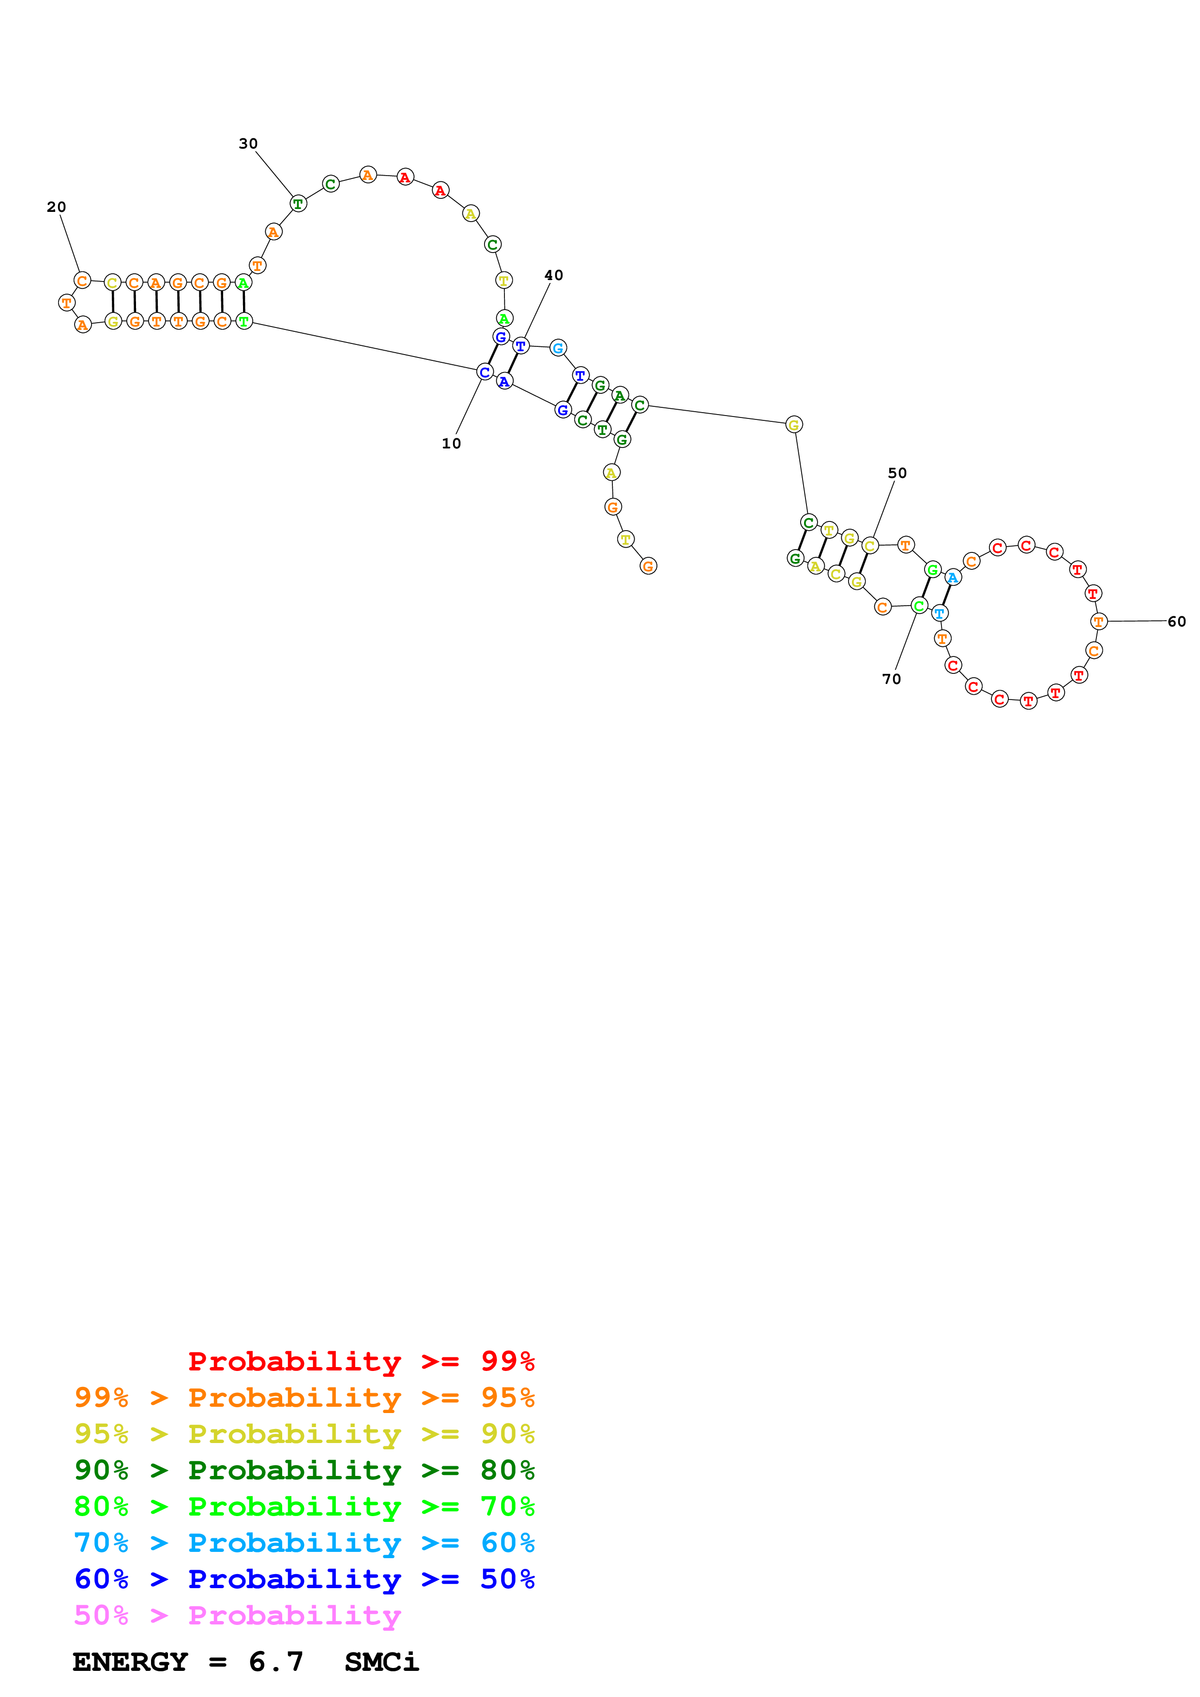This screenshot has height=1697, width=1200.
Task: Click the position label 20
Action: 56,207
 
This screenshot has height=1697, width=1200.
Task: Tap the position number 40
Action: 553,275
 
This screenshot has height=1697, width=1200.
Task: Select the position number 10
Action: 451,444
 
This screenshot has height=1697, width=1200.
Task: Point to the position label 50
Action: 897,473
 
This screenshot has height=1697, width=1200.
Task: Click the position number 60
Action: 1176,622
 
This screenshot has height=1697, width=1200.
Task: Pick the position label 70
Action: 891,679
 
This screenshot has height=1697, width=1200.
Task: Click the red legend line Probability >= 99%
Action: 361,1361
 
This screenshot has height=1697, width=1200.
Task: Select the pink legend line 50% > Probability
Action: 237,1615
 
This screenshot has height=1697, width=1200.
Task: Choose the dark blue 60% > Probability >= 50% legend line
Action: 304,1579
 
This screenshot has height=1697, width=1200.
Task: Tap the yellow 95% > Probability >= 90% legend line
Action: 304,1434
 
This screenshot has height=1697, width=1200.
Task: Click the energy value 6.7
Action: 276,1662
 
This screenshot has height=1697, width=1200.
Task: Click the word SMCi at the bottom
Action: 381,1662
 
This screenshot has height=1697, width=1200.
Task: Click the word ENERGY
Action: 130,1662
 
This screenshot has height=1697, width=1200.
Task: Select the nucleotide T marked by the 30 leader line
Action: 298,203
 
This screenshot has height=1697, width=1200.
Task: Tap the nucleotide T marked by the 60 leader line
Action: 1099,622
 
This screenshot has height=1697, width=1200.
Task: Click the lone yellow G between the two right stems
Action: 793,424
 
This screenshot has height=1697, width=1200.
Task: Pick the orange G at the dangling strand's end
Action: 648,566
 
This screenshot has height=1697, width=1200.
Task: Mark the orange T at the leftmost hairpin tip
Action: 66,302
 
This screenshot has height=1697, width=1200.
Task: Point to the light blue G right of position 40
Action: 558,347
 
